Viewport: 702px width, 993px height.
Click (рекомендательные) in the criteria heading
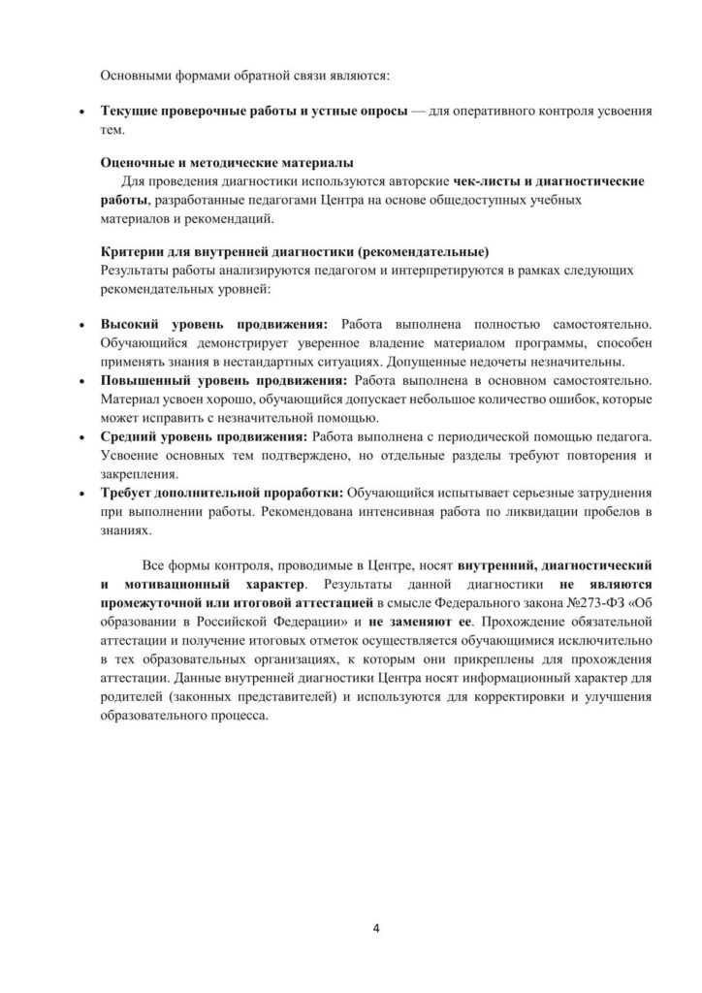pos(423,247)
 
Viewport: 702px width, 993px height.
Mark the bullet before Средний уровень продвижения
pos(82,437)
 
